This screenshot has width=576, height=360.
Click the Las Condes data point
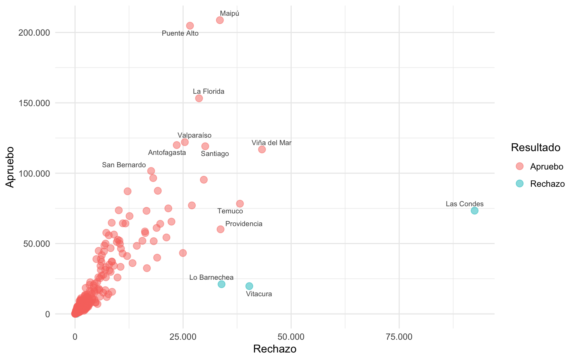click(474, 211)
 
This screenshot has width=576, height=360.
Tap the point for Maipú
click(220, 20)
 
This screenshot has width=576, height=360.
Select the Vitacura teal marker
click(249, 286)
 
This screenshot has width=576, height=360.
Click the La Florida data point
click(199, 98)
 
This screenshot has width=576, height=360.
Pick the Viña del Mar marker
click(262, 149)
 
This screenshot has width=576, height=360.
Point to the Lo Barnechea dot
click(222, 284)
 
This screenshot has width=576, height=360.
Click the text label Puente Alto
click(180, 33)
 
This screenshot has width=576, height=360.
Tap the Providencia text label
click(244, 224)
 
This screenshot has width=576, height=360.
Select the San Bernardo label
click(124, 165)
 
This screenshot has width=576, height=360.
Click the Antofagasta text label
click(167, 153)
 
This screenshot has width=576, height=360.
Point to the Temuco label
click(230, 211)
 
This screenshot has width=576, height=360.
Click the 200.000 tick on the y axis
click(34, 33)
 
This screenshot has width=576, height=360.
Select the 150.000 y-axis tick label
click(34, 103)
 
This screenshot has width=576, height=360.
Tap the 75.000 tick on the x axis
click(399, 337)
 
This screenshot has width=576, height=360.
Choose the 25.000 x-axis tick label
click(183, 337)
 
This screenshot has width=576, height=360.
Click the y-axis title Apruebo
click(10, 167)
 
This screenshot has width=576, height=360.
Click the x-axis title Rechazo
click(274, 349)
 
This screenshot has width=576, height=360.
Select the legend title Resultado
click(535, 148)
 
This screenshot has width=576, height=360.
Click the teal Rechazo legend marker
click(519, 183)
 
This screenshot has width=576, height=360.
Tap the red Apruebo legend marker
click(519, 166)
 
